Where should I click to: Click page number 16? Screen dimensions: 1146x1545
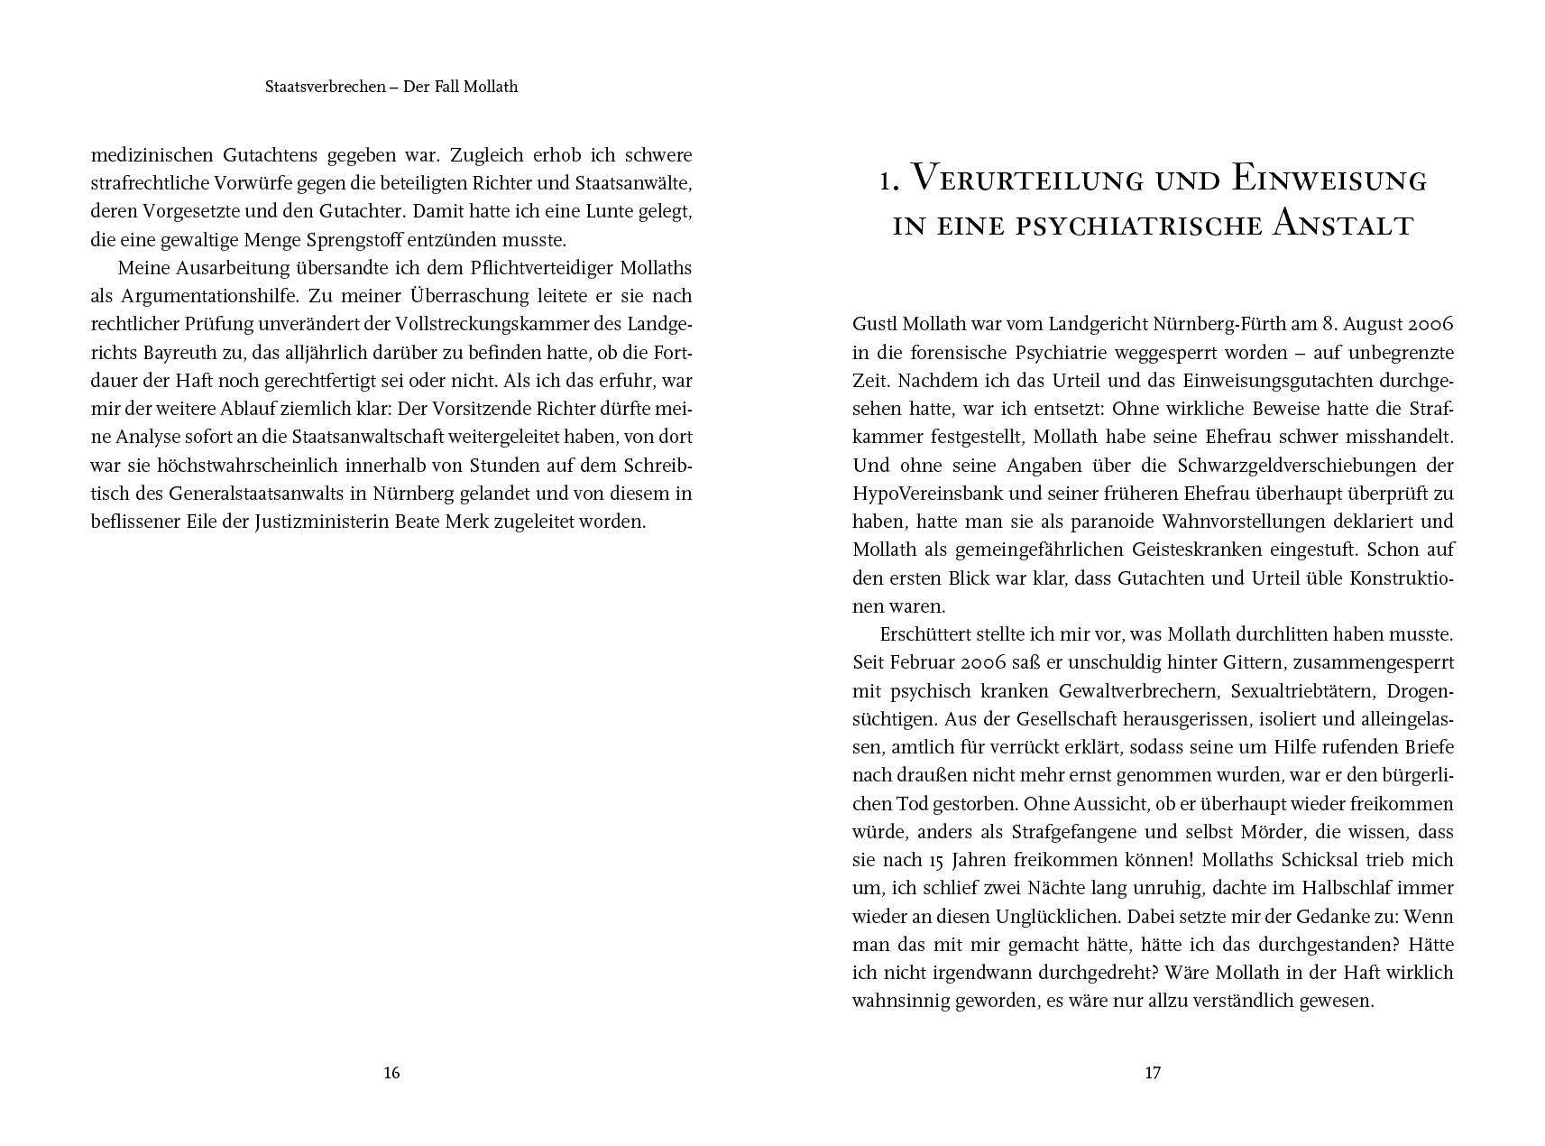tap(391, 1073)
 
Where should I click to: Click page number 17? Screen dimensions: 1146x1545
tap(1153, 1073)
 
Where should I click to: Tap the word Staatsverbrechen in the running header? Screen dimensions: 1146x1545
tap(326, 88)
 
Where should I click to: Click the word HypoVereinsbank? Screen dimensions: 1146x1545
tap(917, 494)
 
